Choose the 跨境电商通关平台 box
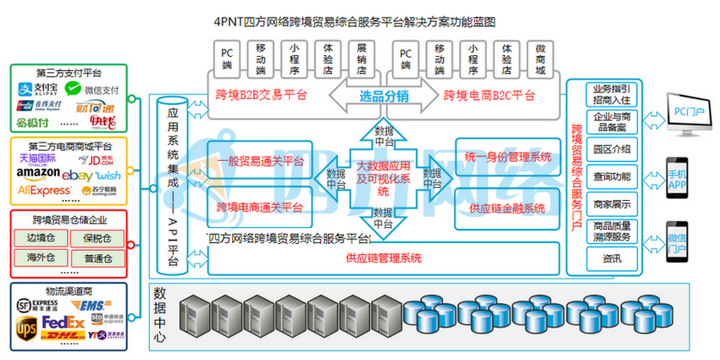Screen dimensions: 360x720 pos(260,207)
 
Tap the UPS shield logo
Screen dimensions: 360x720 pos(27,324)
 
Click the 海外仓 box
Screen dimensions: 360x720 pos(41,258)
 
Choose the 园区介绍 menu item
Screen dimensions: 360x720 pos(612,148)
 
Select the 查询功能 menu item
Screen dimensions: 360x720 pos(612,176)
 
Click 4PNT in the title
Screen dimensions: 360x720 pos(230,19)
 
